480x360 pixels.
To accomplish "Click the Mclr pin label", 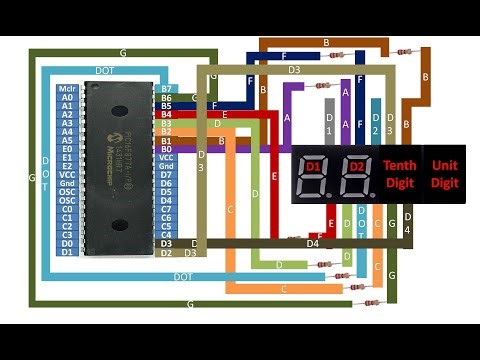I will [x=67, y=89].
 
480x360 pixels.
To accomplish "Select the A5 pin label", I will [x=67, y=140].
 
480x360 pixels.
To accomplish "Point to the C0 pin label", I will [x=67, y=208].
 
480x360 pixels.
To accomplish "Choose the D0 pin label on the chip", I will [x=67, y=242].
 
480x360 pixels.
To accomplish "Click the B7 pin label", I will [x=167, y=89].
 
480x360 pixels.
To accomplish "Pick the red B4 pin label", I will [x=167, y=115].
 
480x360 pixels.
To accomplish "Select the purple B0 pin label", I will [x=167, y=149].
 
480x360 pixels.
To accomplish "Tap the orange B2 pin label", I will [x=167, y=132].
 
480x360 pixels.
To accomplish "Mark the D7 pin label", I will [x=167, y=175].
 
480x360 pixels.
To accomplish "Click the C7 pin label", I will [x=167, y=209].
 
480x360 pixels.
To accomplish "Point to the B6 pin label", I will [x=167, y=98].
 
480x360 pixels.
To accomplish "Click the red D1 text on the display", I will [x=312, y=164].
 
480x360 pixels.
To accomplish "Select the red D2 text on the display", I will [x=356, y=164].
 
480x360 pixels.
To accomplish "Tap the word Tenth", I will [x=402, y=165].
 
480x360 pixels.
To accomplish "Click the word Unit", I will [x=444, y=165].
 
